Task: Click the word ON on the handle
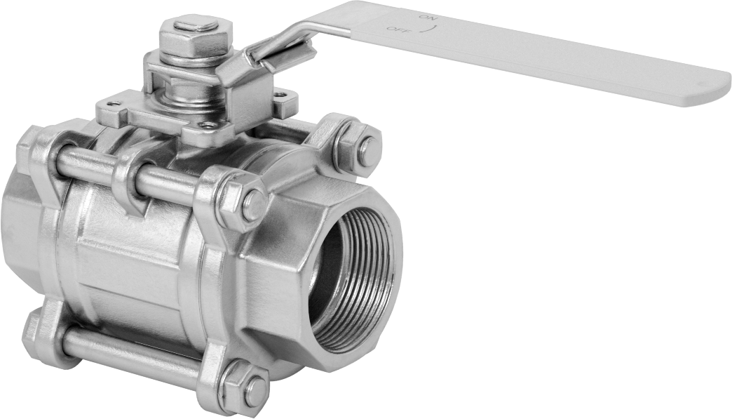tap(427, 18)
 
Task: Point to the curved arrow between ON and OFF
tap(426, 29)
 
